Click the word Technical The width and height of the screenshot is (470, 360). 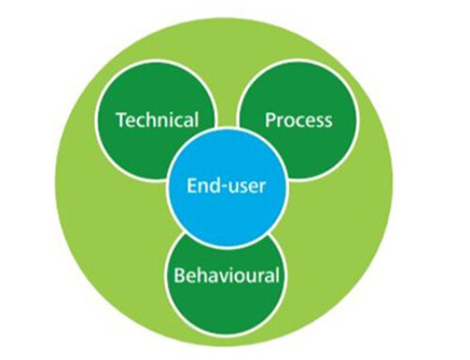(x=156, y=120)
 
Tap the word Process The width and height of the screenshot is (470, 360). (x=299, y=120)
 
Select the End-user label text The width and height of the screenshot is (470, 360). (x=225, y=185)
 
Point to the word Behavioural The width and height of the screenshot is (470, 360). (x=227, y=276)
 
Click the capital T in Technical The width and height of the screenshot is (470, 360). (x=119, y=120)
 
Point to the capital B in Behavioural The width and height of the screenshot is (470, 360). (x=180, y=276)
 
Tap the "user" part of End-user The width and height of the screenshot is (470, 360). (x=243, y=186)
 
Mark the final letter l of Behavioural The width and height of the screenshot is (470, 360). (x=277, y=275)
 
